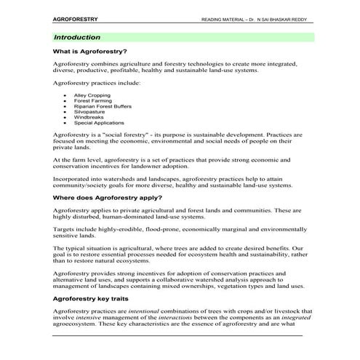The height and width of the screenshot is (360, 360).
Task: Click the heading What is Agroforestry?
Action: tap(90, 52)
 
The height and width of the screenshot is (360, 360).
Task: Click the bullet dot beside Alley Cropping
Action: tap(65, 95)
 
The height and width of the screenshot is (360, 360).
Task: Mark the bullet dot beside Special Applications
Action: tap(65, 123)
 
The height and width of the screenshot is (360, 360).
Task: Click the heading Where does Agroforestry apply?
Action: tap(108, 198)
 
